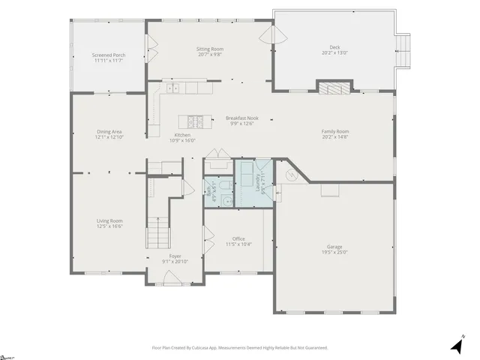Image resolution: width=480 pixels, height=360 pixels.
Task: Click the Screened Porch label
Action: point(107,55)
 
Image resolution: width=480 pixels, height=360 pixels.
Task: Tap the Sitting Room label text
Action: point(211,49)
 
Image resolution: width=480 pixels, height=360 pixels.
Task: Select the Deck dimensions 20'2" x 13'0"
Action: point(334,52)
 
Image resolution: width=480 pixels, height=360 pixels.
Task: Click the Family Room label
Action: point(335,131)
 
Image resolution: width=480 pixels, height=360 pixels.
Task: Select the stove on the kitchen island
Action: point(195,121)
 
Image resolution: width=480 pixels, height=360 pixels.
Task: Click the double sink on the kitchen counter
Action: point(173,88)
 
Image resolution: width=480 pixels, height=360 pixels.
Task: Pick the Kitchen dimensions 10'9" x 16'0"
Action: point(182,140)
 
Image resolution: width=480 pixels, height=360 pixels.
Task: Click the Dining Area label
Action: point(109,132)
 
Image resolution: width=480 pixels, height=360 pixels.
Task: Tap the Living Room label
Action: point(109,220)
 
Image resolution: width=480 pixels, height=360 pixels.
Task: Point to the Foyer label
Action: point(175,256)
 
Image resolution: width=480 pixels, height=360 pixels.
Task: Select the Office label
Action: point(238,238)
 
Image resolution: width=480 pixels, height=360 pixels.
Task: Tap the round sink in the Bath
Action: point(209,199)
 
